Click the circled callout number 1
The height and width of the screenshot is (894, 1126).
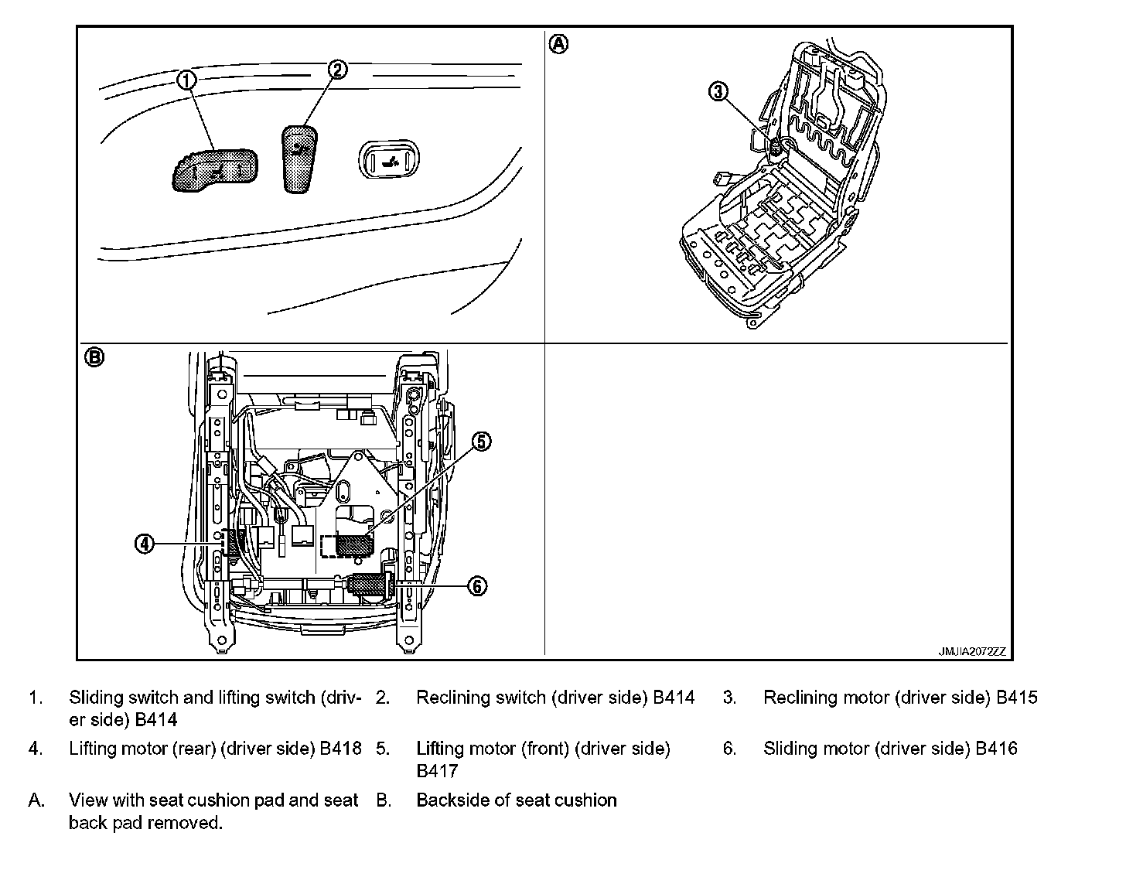[x=187, y=79]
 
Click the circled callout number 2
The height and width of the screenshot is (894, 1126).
[x=337, y=70]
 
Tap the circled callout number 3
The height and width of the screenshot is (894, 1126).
[x=718, y=92]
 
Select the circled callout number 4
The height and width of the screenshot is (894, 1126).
[x=145, y=544]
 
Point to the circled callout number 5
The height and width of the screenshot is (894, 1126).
[x=481, y=442]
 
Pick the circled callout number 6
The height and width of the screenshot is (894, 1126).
[x=478, y=586]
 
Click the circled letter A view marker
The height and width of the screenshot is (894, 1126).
[x=558, y=44]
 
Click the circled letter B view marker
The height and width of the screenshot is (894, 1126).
[x=94, y=357]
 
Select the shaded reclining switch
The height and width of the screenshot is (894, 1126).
[x=299, y=159]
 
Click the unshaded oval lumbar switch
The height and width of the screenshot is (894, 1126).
[x=387, y=161]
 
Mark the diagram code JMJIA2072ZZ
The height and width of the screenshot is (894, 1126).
[x=972, y=651]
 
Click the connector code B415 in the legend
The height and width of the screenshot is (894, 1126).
[x=1017, y=698]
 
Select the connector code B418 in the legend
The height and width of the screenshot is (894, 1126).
[x=341, y=749]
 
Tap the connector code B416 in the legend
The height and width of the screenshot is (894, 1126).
[x=996, y=749]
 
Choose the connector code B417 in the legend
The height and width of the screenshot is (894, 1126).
[x=437, y=771]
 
